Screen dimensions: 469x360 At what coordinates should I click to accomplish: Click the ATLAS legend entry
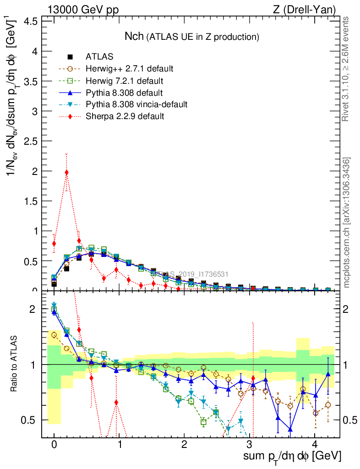[x=99, y=57]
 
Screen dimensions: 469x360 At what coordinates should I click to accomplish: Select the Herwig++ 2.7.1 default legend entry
[x=129, y=69]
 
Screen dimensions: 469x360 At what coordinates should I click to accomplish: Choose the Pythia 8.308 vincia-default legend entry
[x=136, y=104]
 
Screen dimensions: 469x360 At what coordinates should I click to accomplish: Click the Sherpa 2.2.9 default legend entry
[x=125, y=116]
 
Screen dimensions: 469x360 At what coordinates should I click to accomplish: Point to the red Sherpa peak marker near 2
[x=67, y=172]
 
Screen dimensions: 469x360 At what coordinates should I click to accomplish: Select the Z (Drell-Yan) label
[x=310, y=10]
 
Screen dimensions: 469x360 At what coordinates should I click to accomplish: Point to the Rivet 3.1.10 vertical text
[x=346, y=69]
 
